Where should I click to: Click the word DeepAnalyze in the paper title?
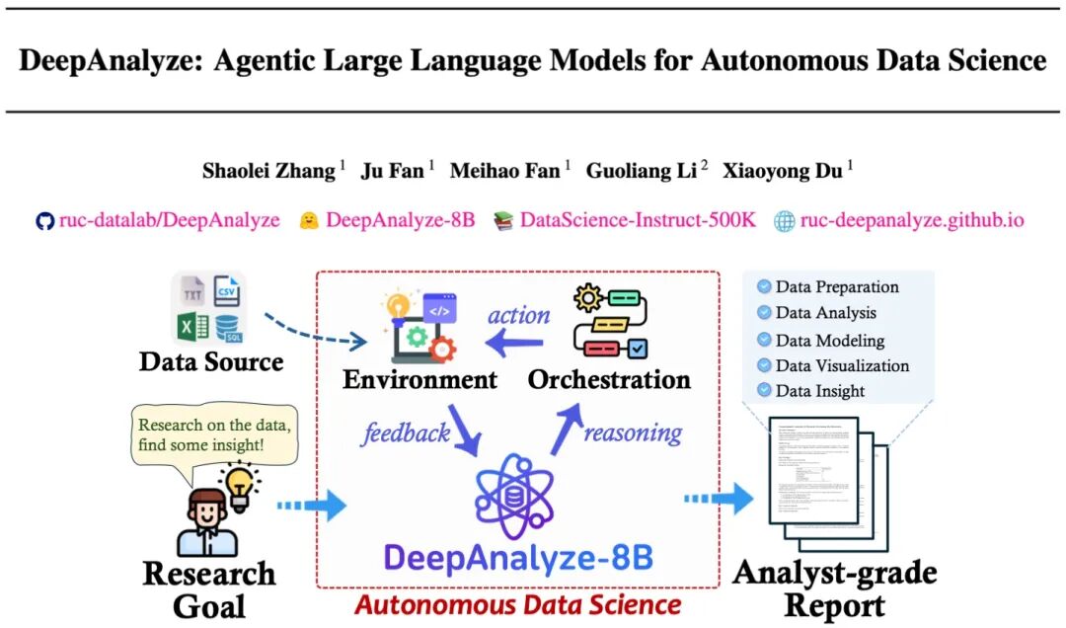102,60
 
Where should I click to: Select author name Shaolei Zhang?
268,170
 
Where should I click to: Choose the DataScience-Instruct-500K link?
637,220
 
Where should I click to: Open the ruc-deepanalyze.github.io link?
911,220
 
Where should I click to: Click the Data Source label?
211,361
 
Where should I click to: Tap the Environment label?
420,379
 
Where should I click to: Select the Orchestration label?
609,379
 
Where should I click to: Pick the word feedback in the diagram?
406,432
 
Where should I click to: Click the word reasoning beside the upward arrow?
633,432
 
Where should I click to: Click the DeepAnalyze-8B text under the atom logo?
518,558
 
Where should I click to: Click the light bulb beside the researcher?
241,485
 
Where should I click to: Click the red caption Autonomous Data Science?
517,603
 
